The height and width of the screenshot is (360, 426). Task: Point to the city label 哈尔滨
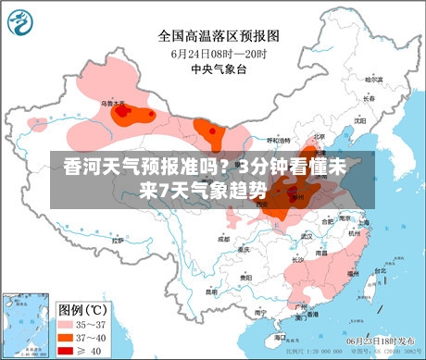[x=372, y=79]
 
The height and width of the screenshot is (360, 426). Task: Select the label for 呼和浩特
[x=280, y=140]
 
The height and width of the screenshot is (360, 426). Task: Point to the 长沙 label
[x=298, y=260]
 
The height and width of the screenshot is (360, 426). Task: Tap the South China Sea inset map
[x=26, y=324]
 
